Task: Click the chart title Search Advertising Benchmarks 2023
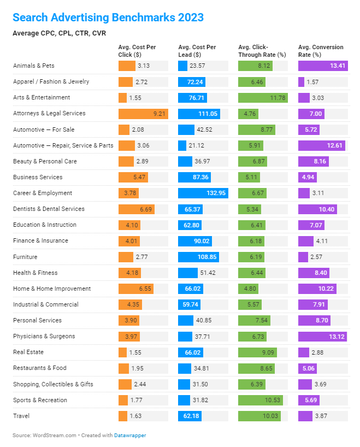point(108,17)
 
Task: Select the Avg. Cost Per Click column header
point(137,51)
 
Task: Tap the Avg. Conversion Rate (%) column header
point(321,51)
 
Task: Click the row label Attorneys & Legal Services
point(50,114)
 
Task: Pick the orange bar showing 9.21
point(143,114)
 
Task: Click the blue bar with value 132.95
point(203,193)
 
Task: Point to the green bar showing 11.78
point(263,98)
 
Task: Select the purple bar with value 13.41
point(323,66)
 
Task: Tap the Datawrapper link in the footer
point(130,436)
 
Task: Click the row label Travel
point(21,416)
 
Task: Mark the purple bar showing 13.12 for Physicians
point(322,337)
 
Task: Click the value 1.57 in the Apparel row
point(312,82)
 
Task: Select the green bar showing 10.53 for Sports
point(261,400)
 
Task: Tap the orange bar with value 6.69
point(136,209)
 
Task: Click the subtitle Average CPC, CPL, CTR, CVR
point(59,33)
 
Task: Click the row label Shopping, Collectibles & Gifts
point(53,384)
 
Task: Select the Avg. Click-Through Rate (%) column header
point(262,51)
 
